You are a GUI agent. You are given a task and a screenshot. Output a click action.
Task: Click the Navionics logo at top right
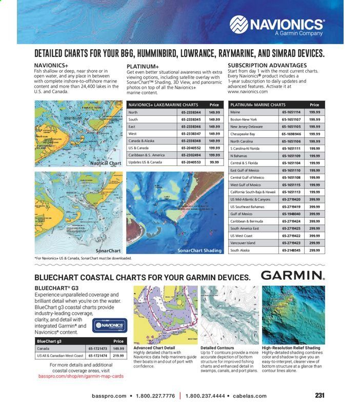pos(277,25)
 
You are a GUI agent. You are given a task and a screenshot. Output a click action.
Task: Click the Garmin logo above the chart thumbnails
pos(293,275)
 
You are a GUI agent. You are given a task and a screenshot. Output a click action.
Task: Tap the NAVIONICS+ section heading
pos(51,65)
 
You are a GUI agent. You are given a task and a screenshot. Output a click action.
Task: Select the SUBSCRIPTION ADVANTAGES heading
pos(267,65)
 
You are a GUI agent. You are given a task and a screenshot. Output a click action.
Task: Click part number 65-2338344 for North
pos(190,112)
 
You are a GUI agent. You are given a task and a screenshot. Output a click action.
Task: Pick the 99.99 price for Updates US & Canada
pos(214,162)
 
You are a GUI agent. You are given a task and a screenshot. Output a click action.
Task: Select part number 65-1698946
pos(291,134)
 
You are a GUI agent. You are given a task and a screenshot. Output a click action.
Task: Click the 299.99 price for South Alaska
pos(314,251)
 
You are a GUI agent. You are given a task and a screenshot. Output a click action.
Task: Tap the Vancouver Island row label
pos(243,243)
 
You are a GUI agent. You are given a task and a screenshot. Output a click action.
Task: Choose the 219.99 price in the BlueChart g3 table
pos(118,355)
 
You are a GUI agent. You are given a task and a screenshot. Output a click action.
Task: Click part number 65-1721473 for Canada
pos(97,348)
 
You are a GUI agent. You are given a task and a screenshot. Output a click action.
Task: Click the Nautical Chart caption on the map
pos(106,163)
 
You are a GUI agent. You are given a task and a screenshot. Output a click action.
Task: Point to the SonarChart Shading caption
pos(199,251)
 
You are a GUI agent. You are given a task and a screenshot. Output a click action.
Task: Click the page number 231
pos(319,396)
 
